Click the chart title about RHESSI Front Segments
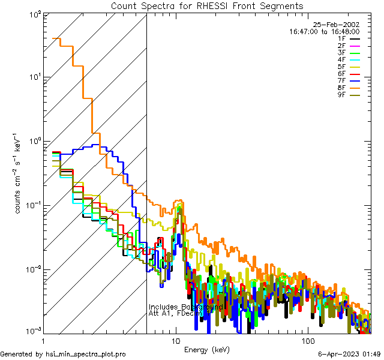(x=207, y=6)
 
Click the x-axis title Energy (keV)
(x=206, y=349)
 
